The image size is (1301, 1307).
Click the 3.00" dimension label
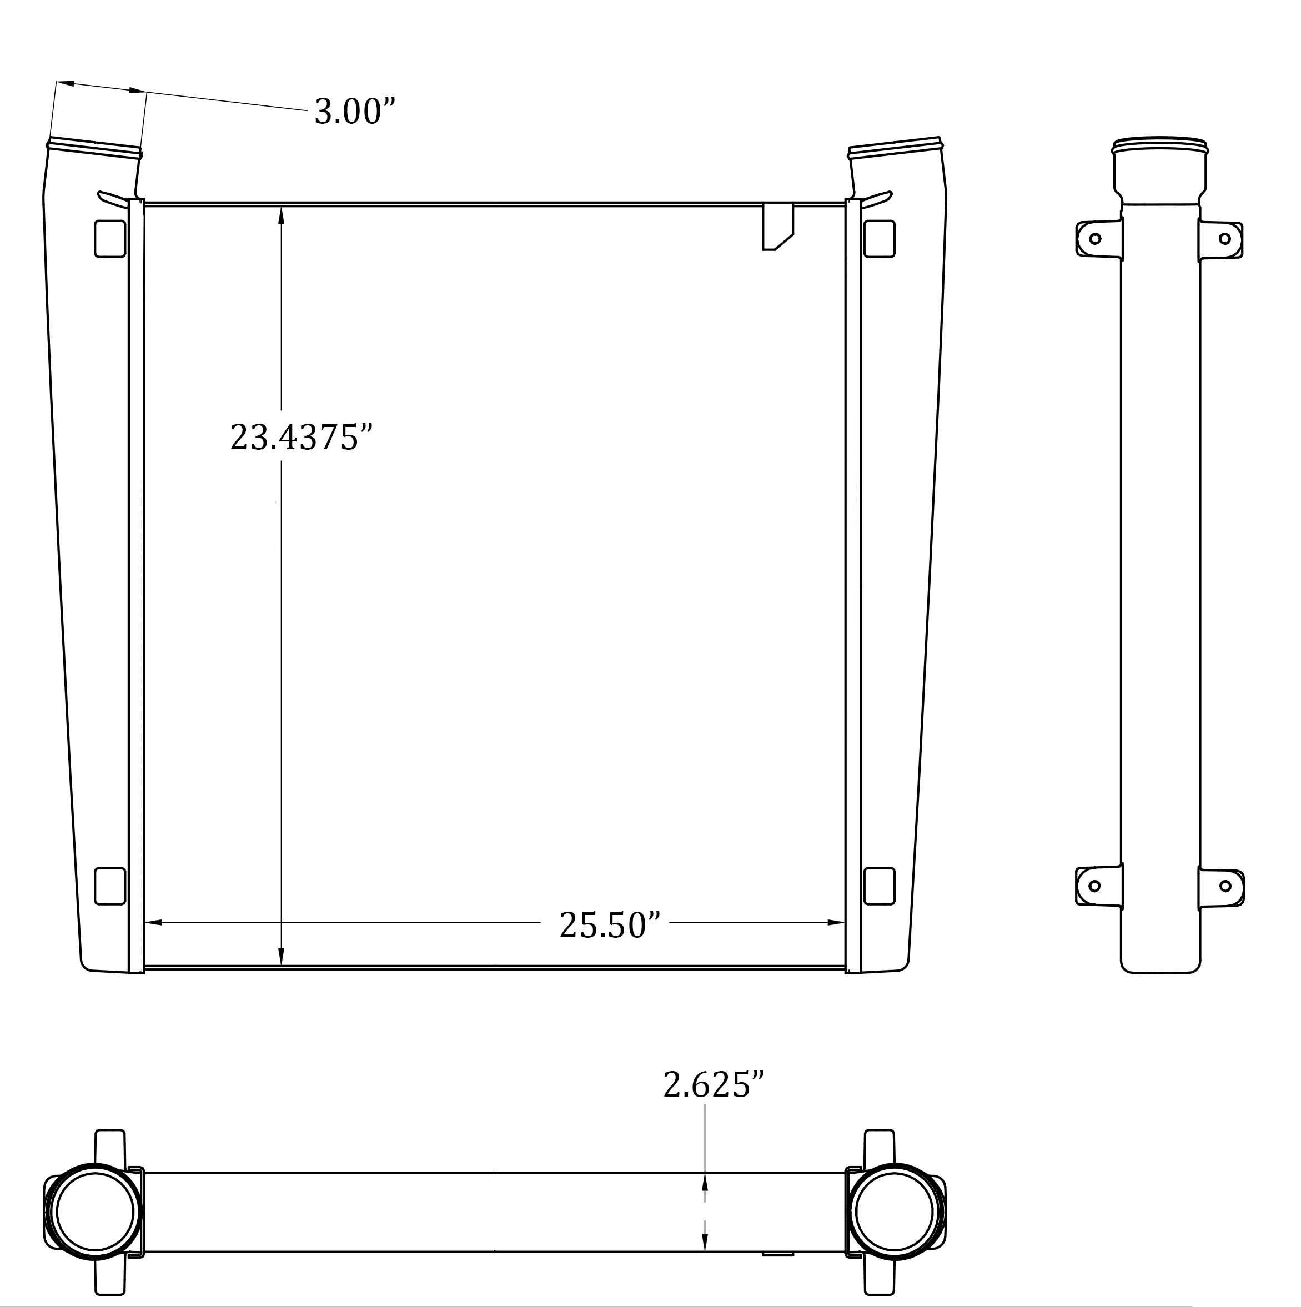[x=354, y=112]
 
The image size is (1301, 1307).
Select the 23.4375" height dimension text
[x=301, y=438]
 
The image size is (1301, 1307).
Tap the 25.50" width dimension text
[x=609, y=926]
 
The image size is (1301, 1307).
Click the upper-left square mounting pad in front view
[x=109, y=239]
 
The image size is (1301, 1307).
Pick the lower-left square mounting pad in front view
[x=109, y=886]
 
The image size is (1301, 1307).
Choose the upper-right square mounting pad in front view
[x=879, y=239]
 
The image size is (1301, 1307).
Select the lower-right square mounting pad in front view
[x=879, y=886]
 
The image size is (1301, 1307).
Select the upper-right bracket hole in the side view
[x=1224, y=239]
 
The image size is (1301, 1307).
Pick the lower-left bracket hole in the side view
[x=1094, y=886]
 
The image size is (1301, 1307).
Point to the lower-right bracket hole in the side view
[x=1224, y=886]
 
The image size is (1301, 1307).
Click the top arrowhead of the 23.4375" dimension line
[x=281, y=215]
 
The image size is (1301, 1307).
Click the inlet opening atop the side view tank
[x=1159, y=143]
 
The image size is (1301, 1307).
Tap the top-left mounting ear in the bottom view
[x=109, y=1149]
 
